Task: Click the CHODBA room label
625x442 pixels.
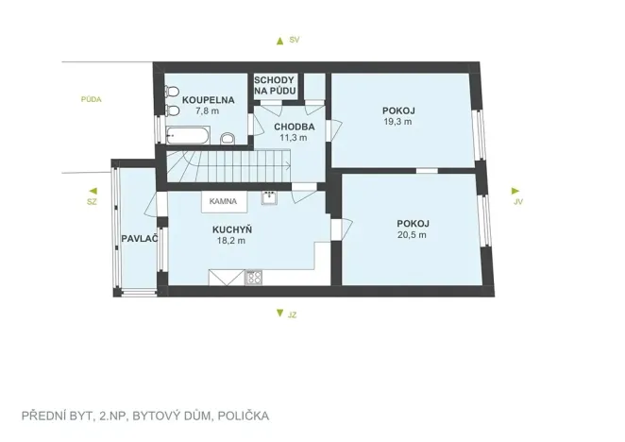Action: click(x=293, y=126)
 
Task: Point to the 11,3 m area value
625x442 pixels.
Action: click(x=293, y=137)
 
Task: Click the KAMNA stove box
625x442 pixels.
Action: click(x=223, y=201)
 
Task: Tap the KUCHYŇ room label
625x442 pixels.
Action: click(x=231, y=229)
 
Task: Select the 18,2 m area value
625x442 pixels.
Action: click(x=231, y=241)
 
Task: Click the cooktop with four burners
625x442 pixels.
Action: click(x=253, y=277)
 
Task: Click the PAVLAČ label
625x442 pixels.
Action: click(x=138, y=238)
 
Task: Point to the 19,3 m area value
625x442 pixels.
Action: click(x=399, y=122)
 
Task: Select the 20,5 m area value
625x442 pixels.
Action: click(x=412, y=234)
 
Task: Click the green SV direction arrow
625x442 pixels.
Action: click(x=279, y=41)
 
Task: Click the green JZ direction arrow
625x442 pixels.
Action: click(x=279, y=314)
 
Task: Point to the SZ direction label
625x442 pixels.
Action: click(x=92, y=201)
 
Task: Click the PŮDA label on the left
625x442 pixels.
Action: click(x=92, y=98)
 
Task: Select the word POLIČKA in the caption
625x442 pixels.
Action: click(x=243, y=416)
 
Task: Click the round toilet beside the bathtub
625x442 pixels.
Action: click(x=227, y=140)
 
